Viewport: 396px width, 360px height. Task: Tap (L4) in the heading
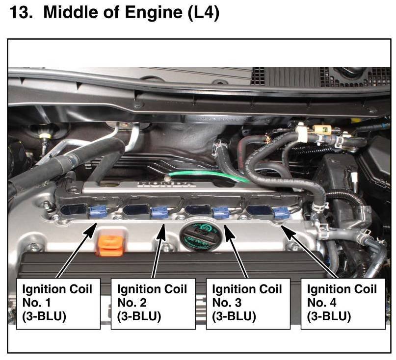pyautogui.click(x=203, y=13)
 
